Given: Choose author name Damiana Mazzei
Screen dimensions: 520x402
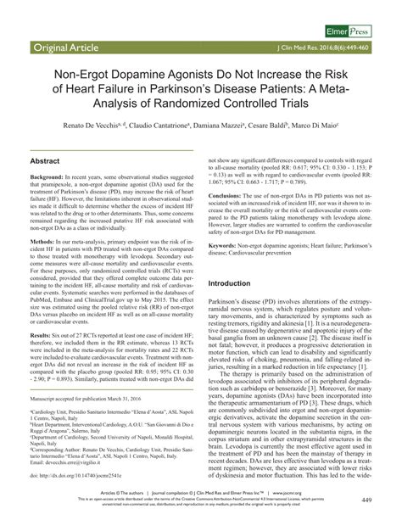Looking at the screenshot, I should [226, 125].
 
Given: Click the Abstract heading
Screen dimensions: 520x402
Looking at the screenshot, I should [45, 160].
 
